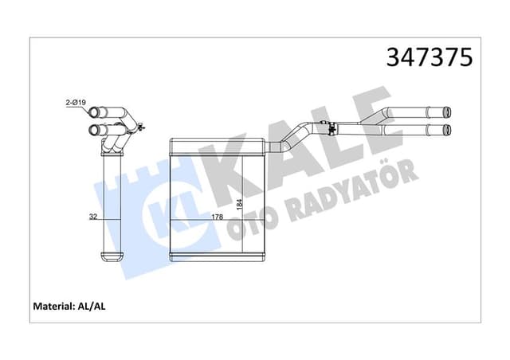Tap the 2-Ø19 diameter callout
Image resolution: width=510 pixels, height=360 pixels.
[76, 102]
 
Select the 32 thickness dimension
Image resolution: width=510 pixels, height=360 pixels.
[94, 216]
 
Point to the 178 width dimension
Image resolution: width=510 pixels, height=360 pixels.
[216, 216]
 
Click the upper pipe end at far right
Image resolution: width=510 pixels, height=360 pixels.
[449, 113]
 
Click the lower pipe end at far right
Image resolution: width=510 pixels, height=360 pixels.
[449, 127]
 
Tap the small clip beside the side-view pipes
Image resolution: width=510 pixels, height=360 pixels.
[140, 126]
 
